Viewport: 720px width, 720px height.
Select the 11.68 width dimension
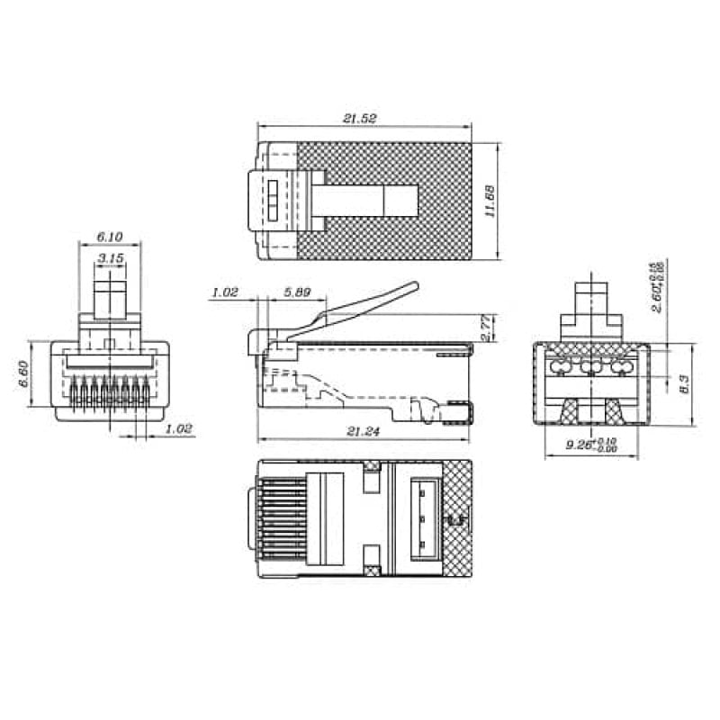click(489, 202)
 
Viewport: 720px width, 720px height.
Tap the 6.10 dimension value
click(109, 237)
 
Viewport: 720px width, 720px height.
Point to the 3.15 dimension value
click(111, 258)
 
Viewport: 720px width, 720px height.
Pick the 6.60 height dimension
click(24, 373)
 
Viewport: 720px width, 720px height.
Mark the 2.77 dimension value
click(487, 327)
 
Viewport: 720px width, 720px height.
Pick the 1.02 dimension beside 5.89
click(224, 292)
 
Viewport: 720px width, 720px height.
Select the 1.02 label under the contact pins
click(180, 429)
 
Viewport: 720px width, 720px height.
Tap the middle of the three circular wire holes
click(591, 367)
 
